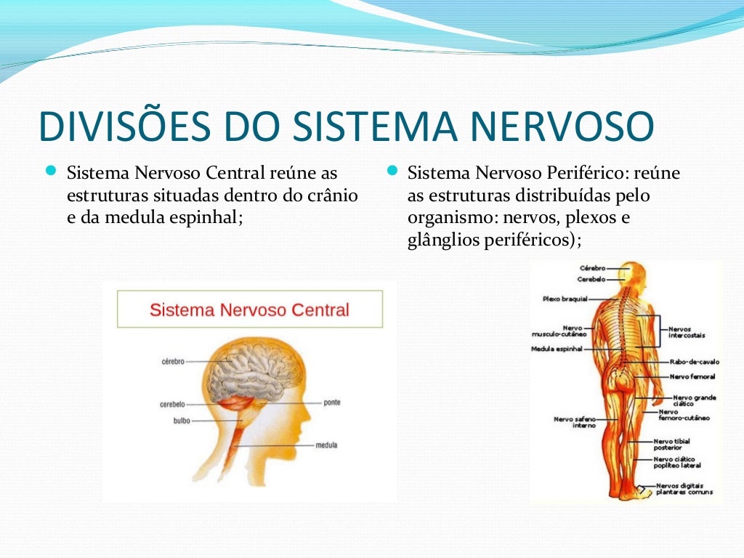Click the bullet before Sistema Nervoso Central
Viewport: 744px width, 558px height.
[50, 171]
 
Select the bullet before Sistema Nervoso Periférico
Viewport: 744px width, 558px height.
[392, 171]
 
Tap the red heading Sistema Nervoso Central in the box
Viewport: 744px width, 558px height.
[249, 310]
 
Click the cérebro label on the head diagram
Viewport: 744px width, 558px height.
[173, 361]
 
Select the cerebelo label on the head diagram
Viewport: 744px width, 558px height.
[172, 405]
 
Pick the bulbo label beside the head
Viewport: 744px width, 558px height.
[181, 421]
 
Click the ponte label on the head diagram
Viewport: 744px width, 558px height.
[332, 403]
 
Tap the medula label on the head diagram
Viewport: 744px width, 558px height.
[326, 445]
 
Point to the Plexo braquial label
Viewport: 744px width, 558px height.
[565, 299]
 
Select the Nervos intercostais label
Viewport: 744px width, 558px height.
[686, 332]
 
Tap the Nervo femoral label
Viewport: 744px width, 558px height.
[692, 376]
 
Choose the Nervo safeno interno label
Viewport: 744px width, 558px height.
[574, 422]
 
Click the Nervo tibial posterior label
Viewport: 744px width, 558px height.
[671, 444]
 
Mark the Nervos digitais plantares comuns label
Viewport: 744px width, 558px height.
[684, 489]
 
